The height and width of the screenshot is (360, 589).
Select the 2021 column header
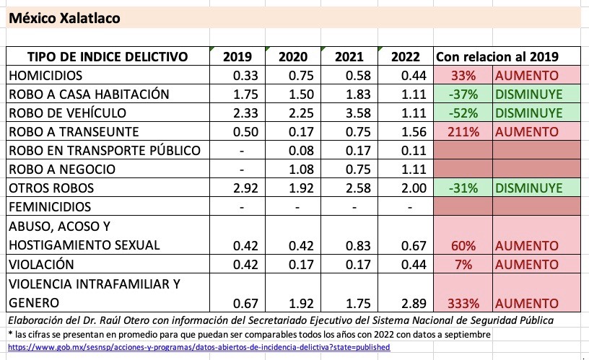(349, 57)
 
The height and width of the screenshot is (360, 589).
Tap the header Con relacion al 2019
(497, 57)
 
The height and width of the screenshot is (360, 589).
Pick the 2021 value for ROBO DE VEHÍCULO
(349, 113)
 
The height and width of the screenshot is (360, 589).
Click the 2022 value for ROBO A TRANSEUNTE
(404, 131)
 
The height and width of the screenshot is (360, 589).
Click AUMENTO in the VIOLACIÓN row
(526, 264)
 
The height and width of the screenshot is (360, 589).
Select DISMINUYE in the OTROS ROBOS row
(528, 188)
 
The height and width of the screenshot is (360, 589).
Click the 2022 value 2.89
(404, 302)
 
